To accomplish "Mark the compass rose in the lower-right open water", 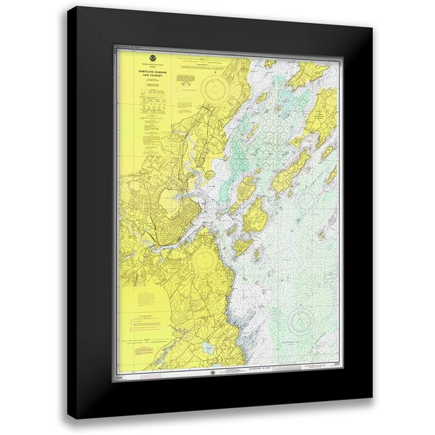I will [x=302, y=320].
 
